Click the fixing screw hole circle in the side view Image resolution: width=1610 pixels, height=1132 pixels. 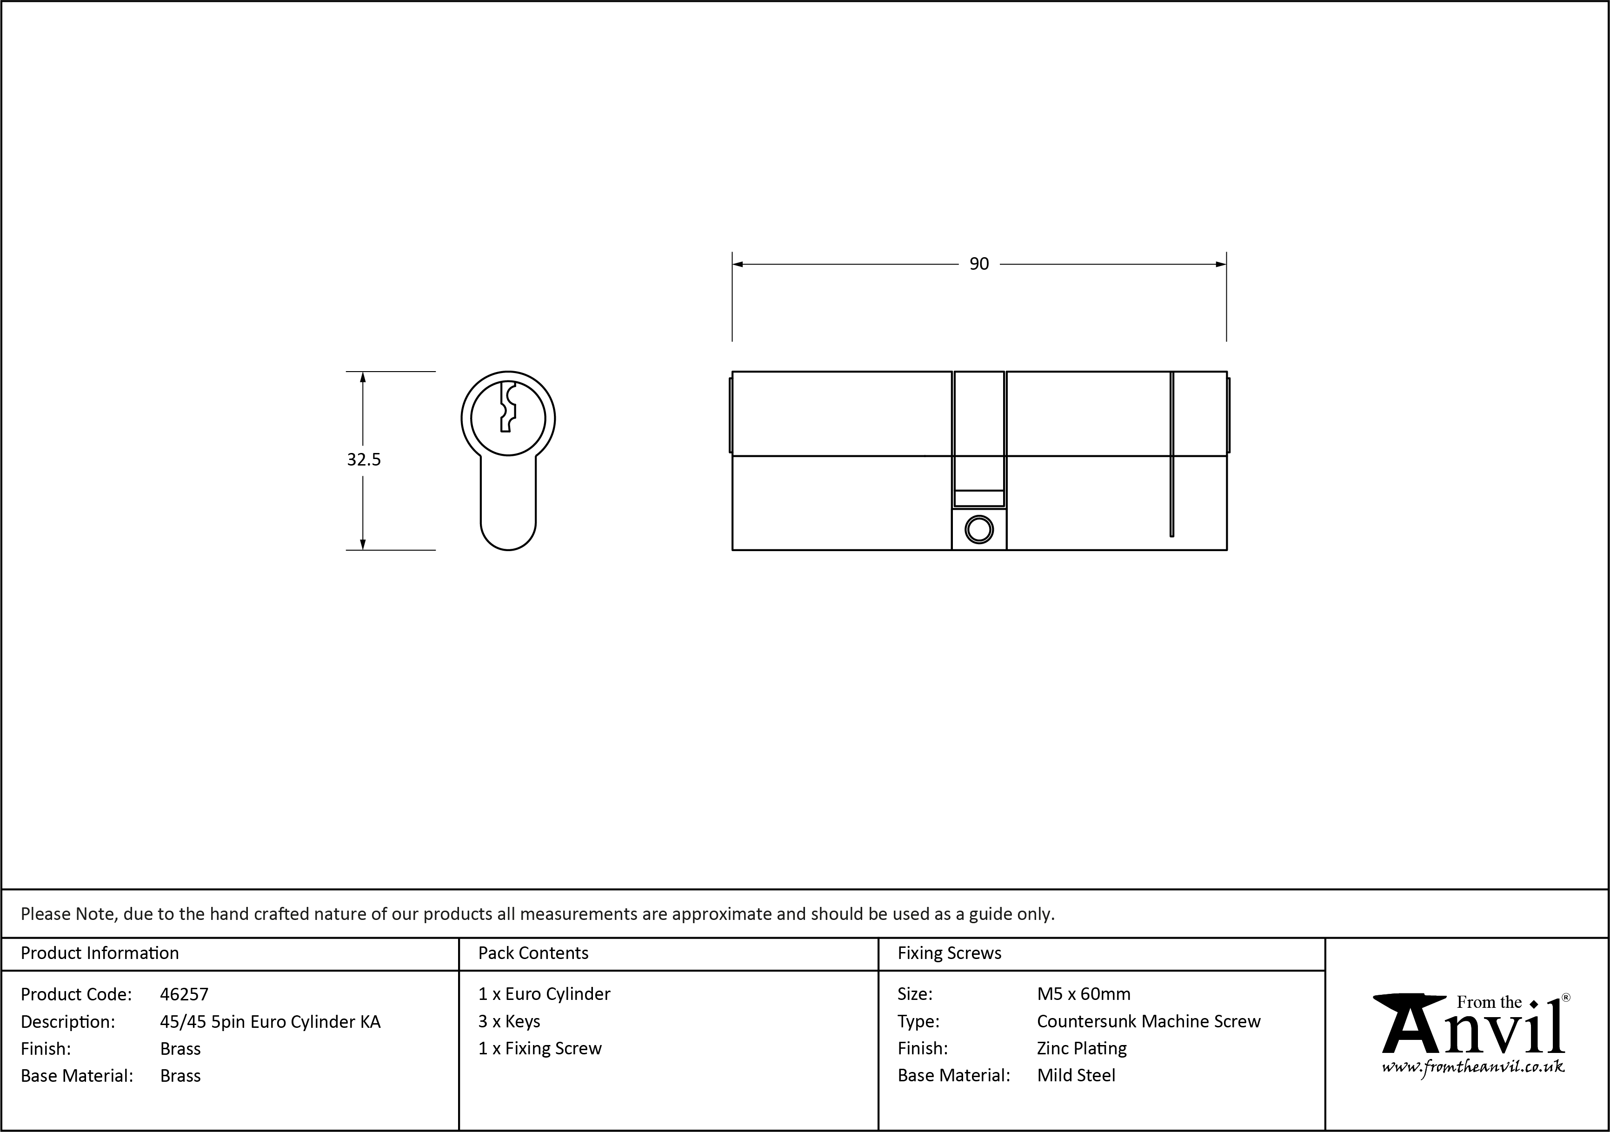click(x=979, y=530)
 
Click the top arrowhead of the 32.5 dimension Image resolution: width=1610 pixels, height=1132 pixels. click(x=363, y=377)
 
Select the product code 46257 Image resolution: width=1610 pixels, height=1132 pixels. click(x=184, y=994)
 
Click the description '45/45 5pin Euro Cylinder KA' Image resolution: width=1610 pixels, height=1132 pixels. click(x=270, y=1021)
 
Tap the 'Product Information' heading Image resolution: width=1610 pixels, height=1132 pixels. click(x=100, y=952)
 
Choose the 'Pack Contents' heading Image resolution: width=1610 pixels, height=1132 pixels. click(x=533, y=952)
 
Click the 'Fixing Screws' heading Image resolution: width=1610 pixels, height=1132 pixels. click(x=950, y=952)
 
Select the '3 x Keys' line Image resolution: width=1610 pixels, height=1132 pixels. click(x=509, y=1021)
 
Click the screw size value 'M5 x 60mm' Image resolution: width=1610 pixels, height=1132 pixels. click(x=1084, y=994)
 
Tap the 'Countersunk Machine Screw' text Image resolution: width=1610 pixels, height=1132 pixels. click(x=1149, y=1021)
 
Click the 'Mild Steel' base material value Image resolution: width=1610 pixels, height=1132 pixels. click(x=1076, y=1075)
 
